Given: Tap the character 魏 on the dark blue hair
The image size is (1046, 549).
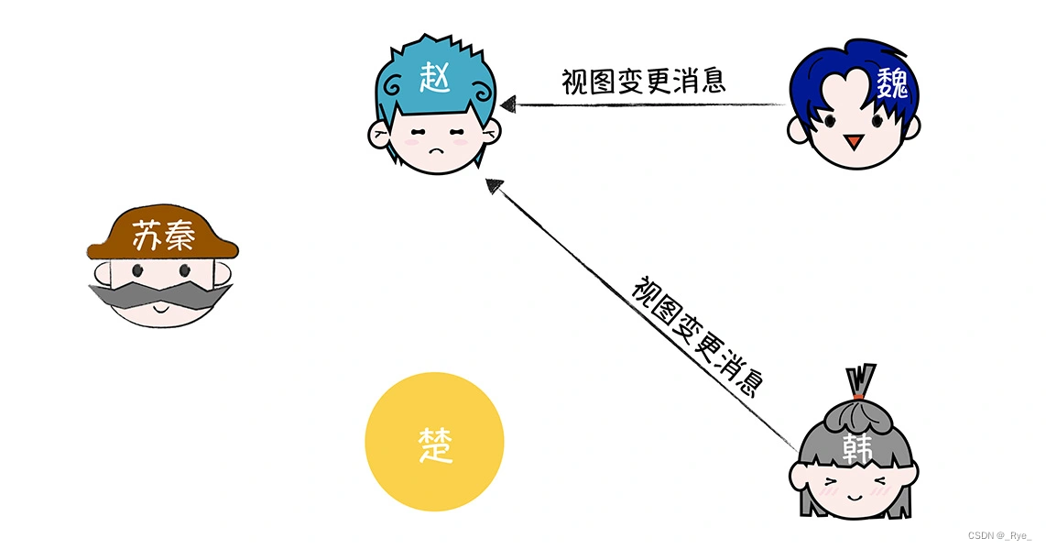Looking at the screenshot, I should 890,86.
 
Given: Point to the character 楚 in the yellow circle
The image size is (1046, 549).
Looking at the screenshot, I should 434,448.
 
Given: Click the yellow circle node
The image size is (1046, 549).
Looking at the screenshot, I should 434,486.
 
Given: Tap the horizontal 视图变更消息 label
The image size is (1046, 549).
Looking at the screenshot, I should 643,81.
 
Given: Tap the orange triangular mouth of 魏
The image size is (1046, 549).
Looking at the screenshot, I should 853,142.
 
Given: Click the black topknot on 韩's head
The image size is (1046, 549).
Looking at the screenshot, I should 860,379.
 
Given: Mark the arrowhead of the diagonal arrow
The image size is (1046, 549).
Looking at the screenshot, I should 495,186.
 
